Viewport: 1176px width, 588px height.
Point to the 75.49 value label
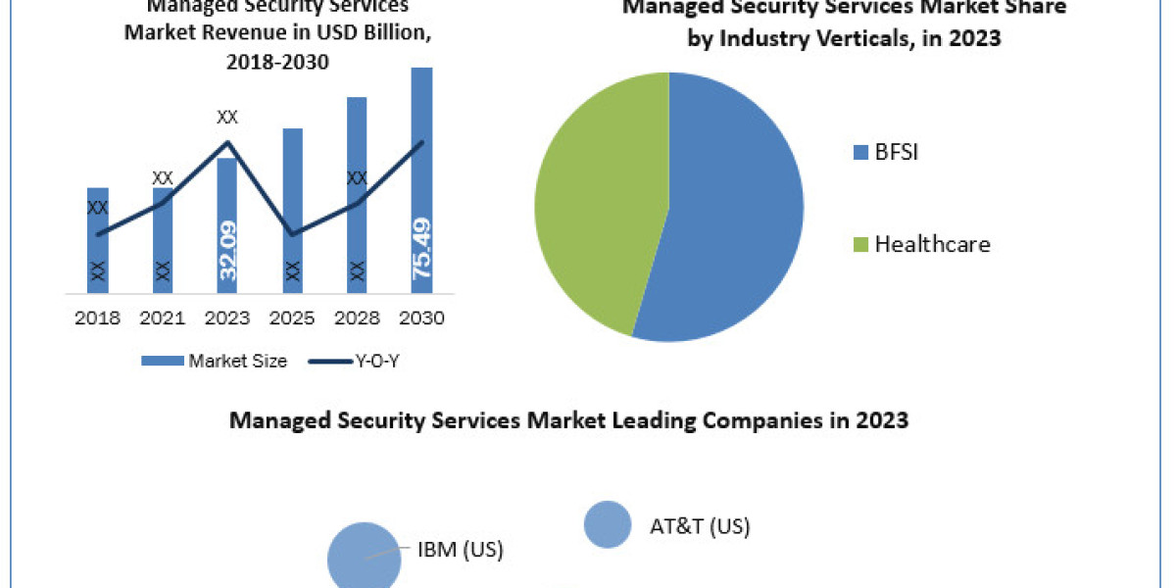click(422, 249)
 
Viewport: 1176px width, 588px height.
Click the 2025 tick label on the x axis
click(292, 318)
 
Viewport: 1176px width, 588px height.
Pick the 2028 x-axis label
click(357, 318)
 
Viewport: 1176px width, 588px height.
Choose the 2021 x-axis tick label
click(163, 318)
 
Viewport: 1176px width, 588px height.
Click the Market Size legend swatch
click(162, 361)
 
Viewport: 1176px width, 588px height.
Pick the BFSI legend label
click(896, 152)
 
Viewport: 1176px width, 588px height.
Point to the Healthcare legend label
click(932, 244)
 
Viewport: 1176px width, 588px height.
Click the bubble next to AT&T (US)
click(608, 524)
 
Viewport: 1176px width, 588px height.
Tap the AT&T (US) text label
click(700, 526)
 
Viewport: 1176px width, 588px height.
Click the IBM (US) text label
click(461, 550)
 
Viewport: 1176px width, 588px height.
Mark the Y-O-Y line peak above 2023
click(227, 142)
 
